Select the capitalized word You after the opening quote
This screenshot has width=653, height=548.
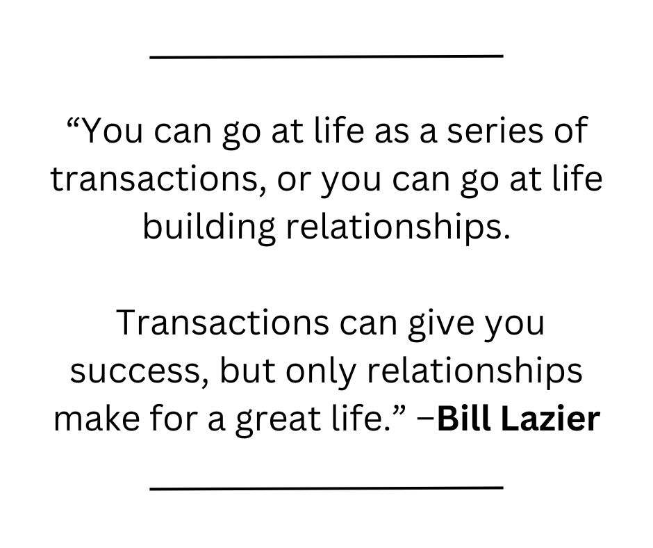coord(113,132)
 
